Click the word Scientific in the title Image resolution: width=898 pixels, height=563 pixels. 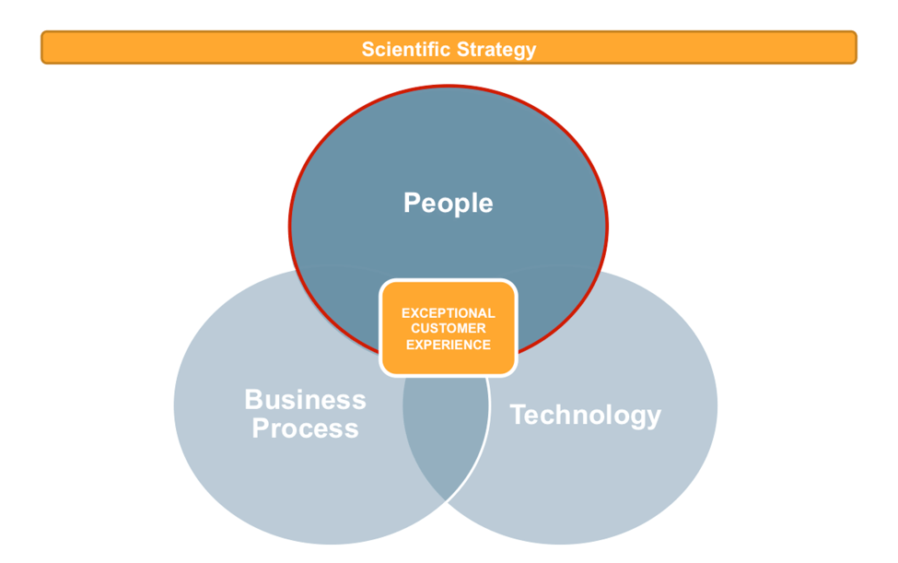(402, 49)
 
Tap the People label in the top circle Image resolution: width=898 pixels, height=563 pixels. (448, 203)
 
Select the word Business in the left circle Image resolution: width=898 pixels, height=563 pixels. (305, 400)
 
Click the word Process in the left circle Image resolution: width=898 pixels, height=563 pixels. (305, 428)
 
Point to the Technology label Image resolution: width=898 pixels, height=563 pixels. (585, 415)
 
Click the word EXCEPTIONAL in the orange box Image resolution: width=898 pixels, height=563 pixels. (449, 313)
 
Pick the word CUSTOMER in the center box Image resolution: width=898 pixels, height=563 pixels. (449, 329)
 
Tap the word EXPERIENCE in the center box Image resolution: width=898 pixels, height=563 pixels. (449, 345)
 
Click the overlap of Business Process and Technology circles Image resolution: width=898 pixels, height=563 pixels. (446, 433)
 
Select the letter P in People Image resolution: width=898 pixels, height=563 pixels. (413, 203)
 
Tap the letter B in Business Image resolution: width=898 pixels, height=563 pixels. (253, 400)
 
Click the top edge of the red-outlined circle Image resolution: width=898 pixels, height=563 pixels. (449, 87)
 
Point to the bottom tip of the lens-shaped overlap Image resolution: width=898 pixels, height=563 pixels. (446, 498)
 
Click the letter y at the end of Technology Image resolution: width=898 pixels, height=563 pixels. (653, 417)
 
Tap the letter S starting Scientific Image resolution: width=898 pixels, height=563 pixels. (367, 49)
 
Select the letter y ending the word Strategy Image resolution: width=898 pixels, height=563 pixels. (530, 51)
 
